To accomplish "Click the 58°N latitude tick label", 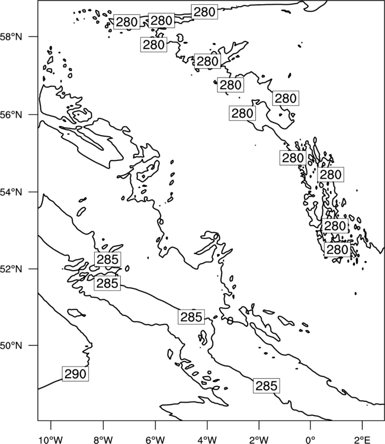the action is point(11,37).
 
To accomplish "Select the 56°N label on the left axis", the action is point(11,115).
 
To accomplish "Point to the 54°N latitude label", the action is point(11,192).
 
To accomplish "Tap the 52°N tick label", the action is point(11,269).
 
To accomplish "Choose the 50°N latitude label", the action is point(11,346).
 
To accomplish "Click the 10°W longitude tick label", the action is point(51,440).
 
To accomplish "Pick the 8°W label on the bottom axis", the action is point(103,440).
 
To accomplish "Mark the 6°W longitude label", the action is point(155,440).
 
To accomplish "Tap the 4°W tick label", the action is point(207,440).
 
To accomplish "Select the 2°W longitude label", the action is point(259,440).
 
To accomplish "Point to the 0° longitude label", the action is point(310,440).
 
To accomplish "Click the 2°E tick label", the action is point(362,440).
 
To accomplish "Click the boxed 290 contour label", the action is point(75,374).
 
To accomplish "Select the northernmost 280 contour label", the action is point(204,12).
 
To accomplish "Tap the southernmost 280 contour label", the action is point(337,250).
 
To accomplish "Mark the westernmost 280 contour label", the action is point(127,22).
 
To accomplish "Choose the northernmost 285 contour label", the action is point(108,259).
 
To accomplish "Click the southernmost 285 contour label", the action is point(267,385).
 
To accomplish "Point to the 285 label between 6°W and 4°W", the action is point(191,317).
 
